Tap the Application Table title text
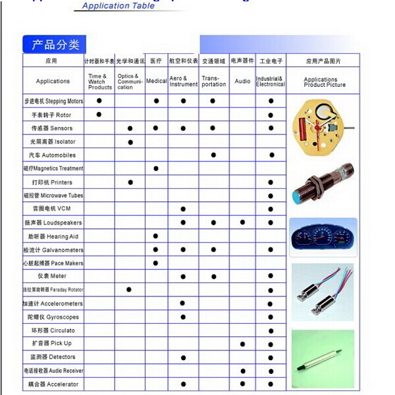(x=118, y=6)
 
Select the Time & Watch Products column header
(x=99, y=82)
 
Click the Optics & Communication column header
(x=130, y=82)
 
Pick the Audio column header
(x=242, y=82)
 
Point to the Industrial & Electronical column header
(x=271, y=82)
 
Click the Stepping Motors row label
(x=53, y=101)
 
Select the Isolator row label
(x=53, y=142)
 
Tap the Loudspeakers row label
(x=53, y=223)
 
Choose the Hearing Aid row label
(x=53, y=236)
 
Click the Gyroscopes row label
(x=53, y=317)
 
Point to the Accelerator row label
(x=53, y=384)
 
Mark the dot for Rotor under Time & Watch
(x=99, y=115)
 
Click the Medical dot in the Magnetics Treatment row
(x=155, y=169)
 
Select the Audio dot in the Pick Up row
(x=242, y=344)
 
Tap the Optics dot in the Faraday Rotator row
(x=129, y=290)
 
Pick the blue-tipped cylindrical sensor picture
(x=323, y=186)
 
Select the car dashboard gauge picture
(x=323, y=238)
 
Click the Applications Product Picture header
(x=324, y=82)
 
